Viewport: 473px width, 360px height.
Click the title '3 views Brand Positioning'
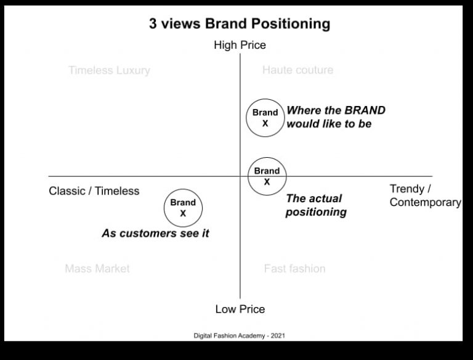pyautogui.click(x=240, y=24)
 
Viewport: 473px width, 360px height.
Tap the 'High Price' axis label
pyautogui.click(x=240, y=45)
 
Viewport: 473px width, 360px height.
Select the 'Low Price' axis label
pyautogui.click(x=240, y=309)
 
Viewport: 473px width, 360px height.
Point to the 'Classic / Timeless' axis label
pyautogui.click(x=94, y=191)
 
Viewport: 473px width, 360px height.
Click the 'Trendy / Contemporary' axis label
pyautogui.click(x=425, y=195)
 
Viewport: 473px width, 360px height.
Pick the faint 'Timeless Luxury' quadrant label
pyautogui.click(x=109, y=70)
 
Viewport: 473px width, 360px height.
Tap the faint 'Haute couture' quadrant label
pyautogui.click(x=297, y=70)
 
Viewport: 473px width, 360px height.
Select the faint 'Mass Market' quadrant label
pyautogui.click(x=97, y=269)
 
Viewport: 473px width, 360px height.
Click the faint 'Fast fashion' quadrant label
pyautogui.click(x=294, y=269)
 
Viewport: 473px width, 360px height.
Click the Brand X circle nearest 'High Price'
pyautogui.click(x=265, y=117)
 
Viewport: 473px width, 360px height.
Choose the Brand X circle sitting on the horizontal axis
pyautogui.click(x=267, y=176)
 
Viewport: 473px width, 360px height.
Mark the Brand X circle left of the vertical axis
pyautogui.click(x=183, y=208)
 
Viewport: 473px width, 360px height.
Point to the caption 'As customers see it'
pyautogui.click(x=155, y=234)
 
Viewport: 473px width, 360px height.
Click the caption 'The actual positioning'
pyautogui.click(x=315, y=205)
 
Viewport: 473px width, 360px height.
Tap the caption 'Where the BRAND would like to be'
pyautogui.click(x=336, y=117)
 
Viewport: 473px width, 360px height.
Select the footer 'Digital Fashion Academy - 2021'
pyautogui.click(x=239, y=336)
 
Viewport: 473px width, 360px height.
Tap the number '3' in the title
pyautogui.click(x=153, y=24)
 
